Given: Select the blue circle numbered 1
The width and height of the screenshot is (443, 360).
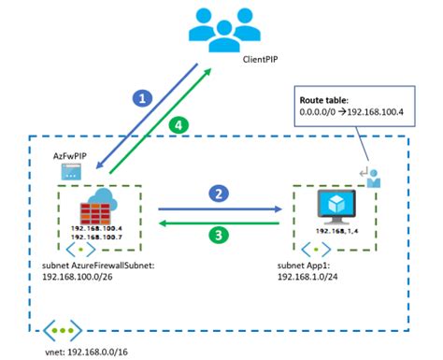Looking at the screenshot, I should [142, 97].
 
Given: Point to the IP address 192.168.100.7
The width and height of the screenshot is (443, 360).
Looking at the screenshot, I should [97, 237].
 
